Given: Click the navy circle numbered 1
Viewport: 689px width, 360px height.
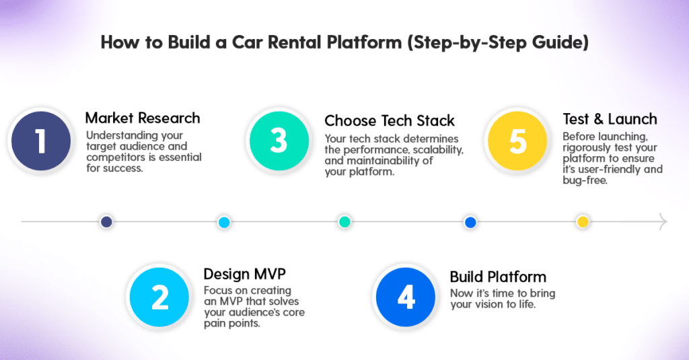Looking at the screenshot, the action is (x=41, y=141).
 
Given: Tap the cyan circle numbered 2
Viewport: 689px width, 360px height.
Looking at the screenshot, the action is (x=159, y=297).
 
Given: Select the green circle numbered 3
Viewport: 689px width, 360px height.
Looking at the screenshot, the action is (x=279, y=141).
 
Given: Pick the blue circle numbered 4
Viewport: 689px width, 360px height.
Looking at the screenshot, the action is (x=406, y=297).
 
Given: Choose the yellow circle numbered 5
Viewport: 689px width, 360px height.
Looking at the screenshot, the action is (x=517, y=141).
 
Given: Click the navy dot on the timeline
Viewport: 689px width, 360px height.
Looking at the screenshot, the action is (x=106, y=221).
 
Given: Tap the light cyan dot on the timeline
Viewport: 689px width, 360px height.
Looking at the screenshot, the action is (x=224, y=222).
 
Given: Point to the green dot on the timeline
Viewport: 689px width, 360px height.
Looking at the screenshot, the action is (x=344, y=221).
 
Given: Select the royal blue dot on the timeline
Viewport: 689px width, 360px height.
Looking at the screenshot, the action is (x=470, y=222).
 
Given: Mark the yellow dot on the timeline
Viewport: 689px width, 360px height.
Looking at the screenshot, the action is (x=583, y=221).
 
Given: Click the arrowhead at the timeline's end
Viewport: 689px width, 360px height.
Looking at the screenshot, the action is (x=663, y=221).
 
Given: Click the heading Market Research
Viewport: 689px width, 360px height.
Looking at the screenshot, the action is (x=143, y=118).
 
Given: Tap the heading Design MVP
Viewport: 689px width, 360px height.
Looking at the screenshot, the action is (x=244, y=275).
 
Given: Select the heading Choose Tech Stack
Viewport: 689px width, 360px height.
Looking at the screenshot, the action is (x=390, y=120).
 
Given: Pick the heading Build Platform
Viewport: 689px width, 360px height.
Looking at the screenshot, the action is (x=498, y=277).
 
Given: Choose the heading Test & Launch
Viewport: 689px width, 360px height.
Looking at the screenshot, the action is (x=610, y=119).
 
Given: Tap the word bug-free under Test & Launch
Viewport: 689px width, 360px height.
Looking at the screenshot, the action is (x=585, y=180).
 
